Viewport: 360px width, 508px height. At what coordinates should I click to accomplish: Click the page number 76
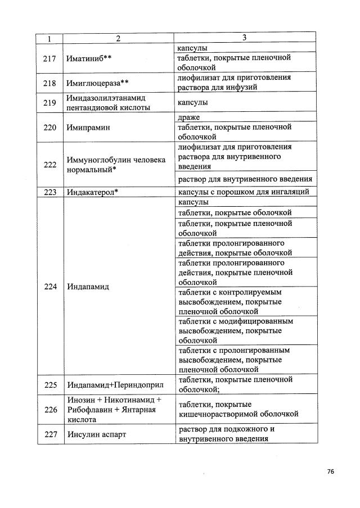coord(331,471)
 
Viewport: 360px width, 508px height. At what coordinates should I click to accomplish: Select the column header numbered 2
coord(118,38)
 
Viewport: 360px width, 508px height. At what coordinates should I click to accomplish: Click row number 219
coord(50,103)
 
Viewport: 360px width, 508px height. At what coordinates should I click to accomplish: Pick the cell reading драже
coord(188,117)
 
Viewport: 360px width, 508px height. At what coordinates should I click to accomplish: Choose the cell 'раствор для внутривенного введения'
coord(245,180)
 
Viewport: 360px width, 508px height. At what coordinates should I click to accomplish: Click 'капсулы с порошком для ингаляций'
coord(243,192)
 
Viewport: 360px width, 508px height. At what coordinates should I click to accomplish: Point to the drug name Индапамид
coord(88,286)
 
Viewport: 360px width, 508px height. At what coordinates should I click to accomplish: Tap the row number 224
coord(50,286)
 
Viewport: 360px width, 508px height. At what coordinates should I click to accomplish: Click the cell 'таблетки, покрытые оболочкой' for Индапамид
coord(235,213)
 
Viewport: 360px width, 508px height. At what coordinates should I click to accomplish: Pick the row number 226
coord(50,410)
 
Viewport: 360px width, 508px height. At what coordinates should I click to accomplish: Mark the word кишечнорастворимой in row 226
coord(220,414)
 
